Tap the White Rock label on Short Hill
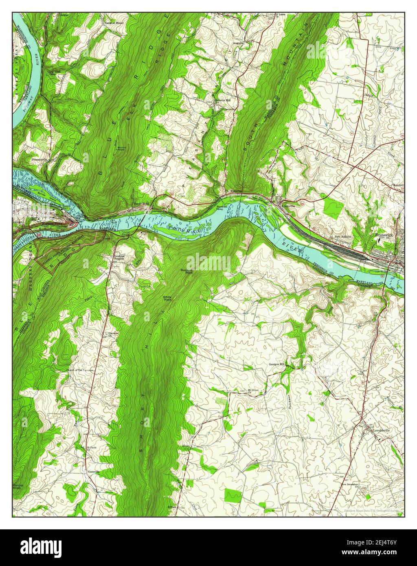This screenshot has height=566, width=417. click(167, 298)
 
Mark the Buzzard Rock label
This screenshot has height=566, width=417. click(187, 271)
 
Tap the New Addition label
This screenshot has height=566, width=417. click(343, 237)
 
